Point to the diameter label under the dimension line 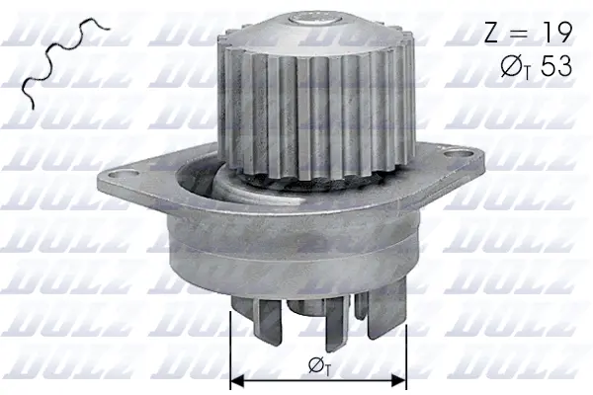(318, 365)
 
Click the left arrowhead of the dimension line (236, 378)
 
